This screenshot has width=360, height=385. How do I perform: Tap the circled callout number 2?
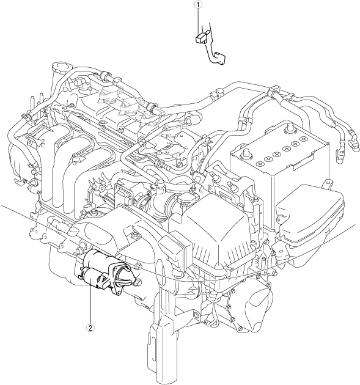[x=90, y=328]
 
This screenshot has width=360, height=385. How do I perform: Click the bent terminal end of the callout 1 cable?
[x=220, y=58]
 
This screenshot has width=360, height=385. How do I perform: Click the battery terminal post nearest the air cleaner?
[x=244, y=154]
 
